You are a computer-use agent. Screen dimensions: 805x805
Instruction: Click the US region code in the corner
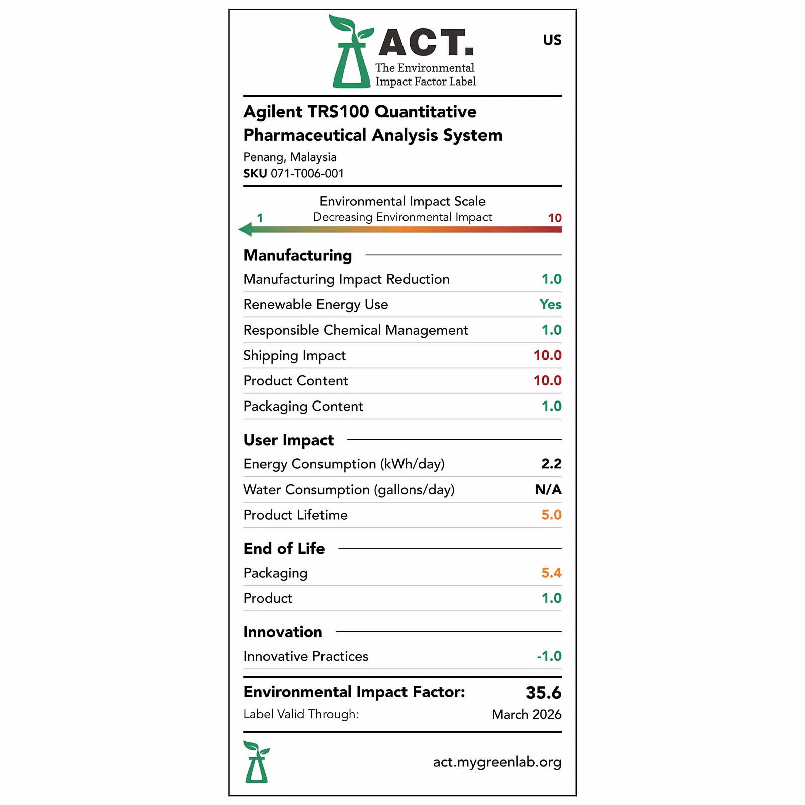point(552,40)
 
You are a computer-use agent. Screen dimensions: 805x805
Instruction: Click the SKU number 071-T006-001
point(307,174)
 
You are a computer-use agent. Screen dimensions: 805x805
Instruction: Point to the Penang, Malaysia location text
point(289,157)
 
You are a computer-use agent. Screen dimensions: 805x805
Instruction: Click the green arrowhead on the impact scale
point(246,230)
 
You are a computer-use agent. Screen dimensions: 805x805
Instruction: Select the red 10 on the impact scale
point(554,218)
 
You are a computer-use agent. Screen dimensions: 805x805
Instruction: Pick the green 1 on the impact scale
point(260,218)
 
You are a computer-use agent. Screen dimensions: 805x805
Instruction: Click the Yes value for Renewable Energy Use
point(550,305)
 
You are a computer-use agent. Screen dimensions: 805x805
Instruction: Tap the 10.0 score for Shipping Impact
point(547,355)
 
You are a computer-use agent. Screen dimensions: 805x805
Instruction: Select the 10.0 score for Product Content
point(547,381)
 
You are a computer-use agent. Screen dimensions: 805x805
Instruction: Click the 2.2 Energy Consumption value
point(551,464)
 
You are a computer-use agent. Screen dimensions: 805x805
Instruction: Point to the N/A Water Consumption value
point(548,490)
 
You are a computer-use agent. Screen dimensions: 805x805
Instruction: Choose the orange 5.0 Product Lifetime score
point(551,515)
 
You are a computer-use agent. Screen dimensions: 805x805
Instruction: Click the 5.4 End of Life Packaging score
point(551,573)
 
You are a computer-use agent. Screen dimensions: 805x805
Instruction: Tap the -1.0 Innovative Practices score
point(549,656)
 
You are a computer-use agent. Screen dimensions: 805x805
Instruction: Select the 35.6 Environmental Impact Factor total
point(543,693)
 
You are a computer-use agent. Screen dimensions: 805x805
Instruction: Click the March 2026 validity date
point(526,715)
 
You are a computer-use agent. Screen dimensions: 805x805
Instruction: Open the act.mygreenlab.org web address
point(497,762)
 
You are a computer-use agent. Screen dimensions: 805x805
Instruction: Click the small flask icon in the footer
point(256,762)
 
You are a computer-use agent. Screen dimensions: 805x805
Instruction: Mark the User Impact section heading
point(288,440)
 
